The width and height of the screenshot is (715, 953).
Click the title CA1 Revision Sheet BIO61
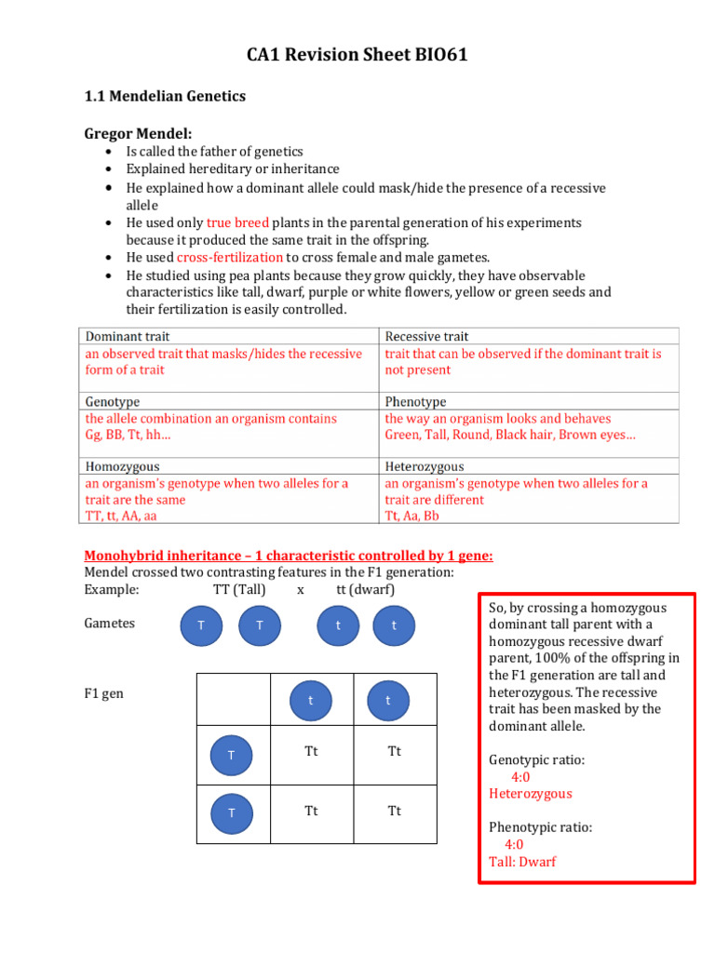(357, 56)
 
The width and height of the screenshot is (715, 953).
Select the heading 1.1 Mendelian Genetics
(165, 96)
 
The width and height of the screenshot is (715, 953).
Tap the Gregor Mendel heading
(138, 134)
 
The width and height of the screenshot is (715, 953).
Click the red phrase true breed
(237, 223)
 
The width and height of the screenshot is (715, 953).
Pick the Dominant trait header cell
(128, 336)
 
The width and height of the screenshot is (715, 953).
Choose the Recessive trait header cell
(426, 336)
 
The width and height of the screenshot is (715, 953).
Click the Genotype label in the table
(113, 401)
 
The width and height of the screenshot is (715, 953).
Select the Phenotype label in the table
(415, 401)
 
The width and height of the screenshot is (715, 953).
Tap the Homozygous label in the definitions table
(122, 466)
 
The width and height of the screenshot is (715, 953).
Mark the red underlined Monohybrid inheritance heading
(289, 556)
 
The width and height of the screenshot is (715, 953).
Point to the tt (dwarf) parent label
(365, 590)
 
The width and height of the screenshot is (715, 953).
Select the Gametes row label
(109, 624)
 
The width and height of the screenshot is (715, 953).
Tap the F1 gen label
(103, 694)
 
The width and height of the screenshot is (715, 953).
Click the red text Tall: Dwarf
(522, 862)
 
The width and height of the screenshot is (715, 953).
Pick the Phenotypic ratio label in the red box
(540, 827)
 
